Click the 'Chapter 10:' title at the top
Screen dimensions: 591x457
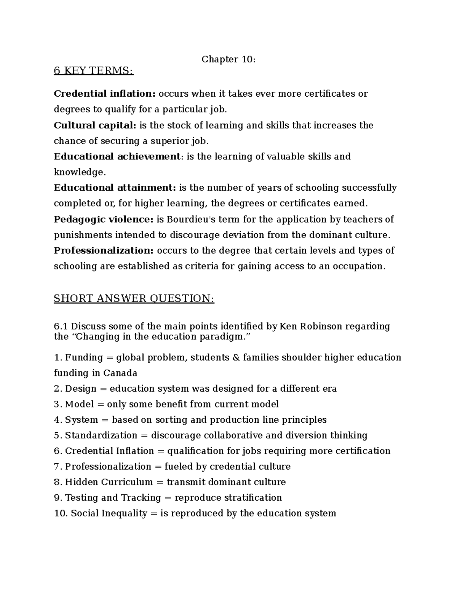(228, 59)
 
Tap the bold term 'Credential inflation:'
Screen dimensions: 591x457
(105, 94)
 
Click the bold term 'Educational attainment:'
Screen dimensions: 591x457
(115, 188)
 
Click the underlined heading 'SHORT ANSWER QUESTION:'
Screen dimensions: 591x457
(134, 298)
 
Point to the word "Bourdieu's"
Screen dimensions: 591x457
(187, 219)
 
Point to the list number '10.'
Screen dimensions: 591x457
(61, 513)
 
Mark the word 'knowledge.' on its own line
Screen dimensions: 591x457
(79, 172)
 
